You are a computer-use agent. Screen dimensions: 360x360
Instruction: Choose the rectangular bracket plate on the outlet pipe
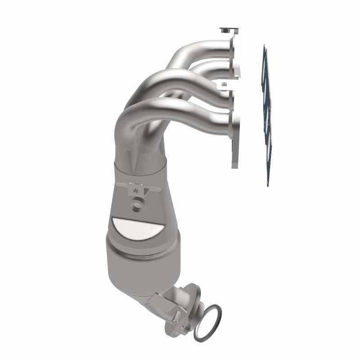coord(164,299)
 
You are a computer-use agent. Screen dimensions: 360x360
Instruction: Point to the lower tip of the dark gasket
coord(268,182)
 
